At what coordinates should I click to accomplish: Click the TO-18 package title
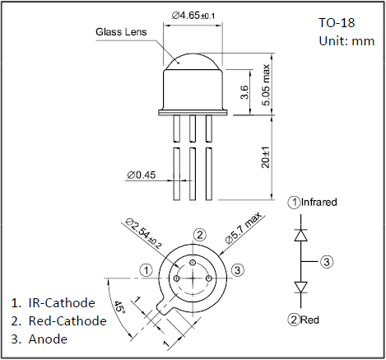tap(337, 22)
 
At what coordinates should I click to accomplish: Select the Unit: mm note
tap(346, 41)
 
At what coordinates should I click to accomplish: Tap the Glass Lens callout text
tap(121, 32)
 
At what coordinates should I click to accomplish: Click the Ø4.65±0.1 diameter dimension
tap(193, 16)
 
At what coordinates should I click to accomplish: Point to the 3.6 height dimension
tap(244, 92)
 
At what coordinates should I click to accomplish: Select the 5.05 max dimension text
tap(266, 85)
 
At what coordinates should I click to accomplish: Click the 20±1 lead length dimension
tap(266, 157)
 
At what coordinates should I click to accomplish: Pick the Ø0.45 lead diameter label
tap(142, 175)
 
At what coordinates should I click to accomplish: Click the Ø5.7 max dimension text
tap(244, 227)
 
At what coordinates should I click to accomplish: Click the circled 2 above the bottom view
tap(200, 235)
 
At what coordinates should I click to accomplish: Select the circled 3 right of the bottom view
tap(238, 270)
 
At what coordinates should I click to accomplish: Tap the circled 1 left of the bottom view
tap(146, 270)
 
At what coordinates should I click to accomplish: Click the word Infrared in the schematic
tap(319, 202)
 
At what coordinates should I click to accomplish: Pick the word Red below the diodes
tap(309, 320)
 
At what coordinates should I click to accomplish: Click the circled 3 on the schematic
tap(327, 262)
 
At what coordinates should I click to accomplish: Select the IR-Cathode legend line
tap(53, 302)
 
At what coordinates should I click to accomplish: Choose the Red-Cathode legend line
tap(58, 320)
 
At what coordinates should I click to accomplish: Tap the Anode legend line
tap(40, 339)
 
